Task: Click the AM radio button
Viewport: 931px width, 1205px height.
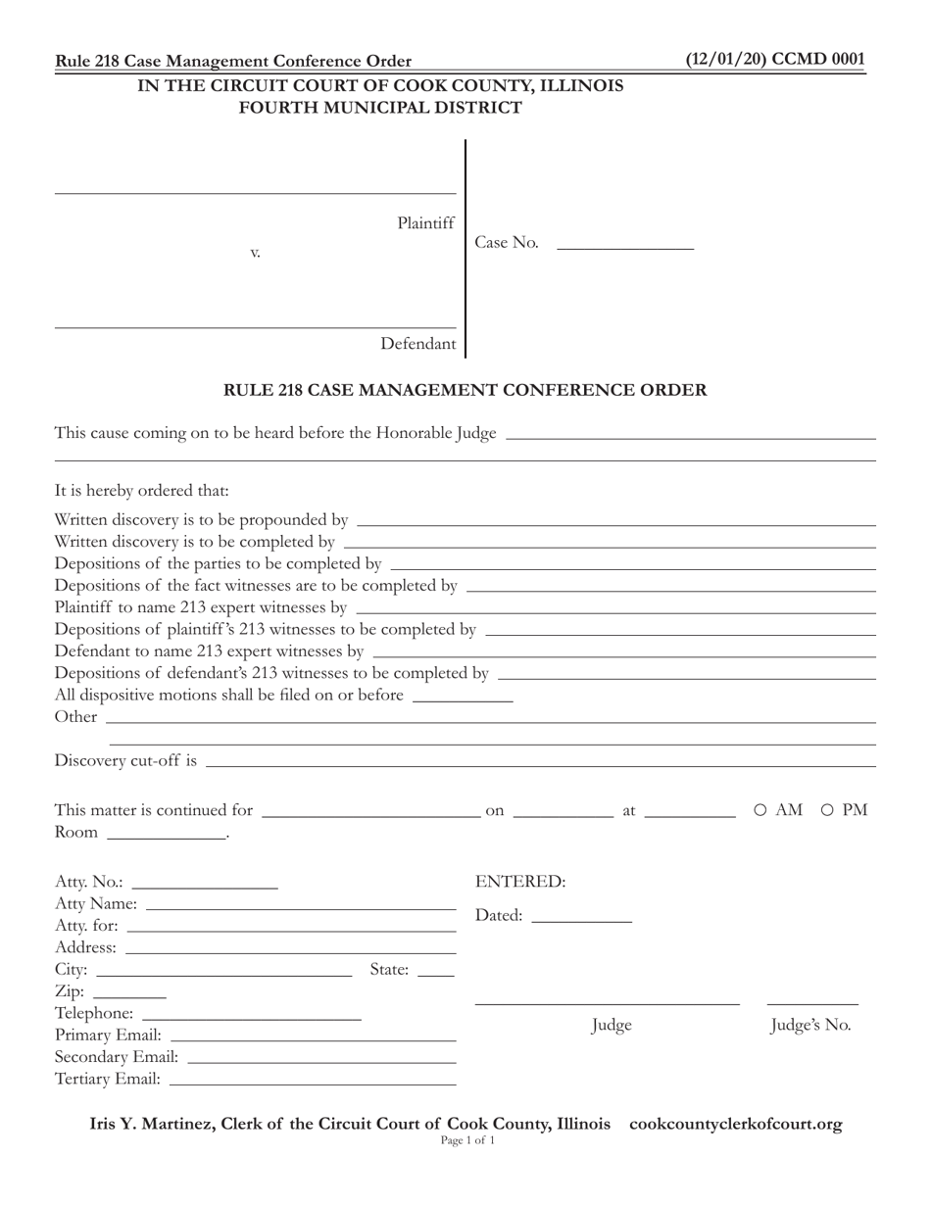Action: tap(760, 810)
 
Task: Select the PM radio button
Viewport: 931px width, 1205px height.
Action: tap(827, 810)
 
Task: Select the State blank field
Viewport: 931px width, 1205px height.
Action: tap(436, 970)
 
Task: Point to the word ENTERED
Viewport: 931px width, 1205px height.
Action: tap(520, 882)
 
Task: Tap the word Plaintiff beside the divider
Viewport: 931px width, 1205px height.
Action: tap(425, 223)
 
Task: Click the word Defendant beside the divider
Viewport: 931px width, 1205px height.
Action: tap(417, 344)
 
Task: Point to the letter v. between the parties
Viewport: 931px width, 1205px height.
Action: tap(255, 253)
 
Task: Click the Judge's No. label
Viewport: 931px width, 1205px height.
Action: tap(810, 1026)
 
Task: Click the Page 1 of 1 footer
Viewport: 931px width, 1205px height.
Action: tap(467, 1141)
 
